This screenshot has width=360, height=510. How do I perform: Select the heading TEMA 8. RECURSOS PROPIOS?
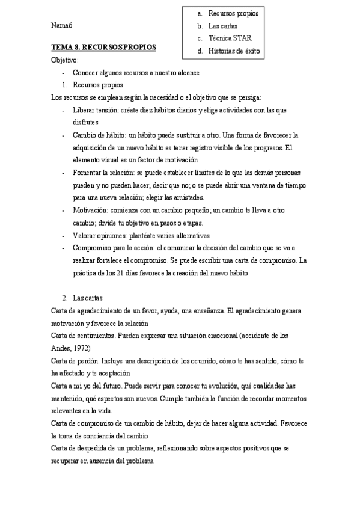tap(103, 46)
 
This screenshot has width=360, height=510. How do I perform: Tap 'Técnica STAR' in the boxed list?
tap(230, 38)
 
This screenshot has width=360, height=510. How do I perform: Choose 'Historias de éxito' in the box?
tap(234, 51)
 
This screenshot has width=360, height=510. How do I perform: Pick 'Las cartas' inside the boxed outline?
tap(223, 26)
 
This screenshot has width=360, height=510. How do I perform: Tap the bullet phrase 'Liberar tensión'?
tap(96, 110)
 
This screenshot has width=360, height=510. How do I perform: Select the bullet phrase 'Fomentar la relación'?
tap(105, 173)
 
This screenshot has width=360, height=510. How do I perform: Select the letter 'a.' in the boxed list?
tap(200, 13)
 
